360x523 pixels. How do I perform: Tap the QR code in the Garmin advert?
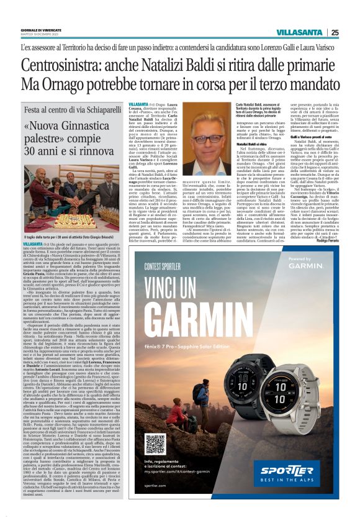coord(155,443)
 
